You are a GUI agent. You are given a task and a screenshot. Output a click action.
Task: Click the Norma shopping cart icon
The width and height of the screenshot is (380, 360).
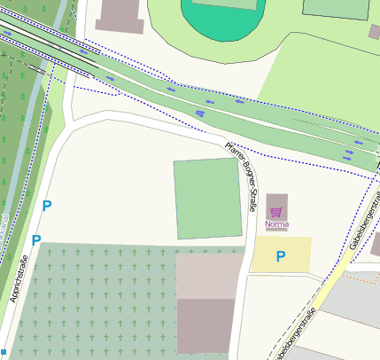tap(276, 212)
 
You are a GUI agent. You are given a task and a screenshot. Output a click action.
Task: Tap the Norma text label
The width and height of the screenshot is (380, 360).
tap(276, 224)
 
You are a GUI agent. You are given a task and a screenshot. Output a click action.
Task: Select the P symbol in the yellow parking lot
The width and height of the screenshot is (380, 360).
tap(281, 257)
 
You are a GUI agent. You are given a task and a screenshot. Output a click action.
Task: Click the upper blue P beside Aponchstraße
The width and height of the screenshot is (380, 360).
tap(47, 206)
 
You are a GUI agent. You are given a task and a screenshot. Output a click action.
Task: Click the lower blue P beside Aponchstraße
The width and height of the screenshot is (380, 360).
tap(36, 240)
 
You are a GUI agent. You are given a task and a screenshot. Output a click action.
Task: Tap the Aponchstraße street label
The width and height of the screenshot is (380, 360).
tap(19, 278)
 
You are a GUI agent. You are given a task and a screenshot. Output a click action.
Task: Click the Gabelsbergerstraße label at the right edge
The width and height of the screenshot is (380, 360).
tap(360, 222)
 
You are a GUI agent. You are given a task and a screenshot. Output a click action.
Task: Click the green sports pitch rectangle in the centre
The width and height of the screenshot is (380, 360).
tap(207, 199)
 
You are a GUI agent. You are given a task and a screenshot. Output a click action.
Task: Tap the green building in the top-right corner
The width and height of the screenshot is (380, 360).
tap(336, 8)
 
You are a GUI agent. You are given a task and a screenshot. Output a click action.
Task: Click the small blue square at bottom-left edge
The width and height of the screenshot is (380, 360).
tap(4, 352)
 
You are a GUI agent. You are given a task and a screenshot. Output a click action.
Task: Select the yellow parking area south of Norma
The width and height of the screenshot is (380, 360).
tap(281, 254)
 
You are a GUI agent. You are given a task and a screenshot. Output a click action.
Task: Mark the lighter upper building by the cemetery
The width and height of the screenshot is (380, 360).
tap(209, 276)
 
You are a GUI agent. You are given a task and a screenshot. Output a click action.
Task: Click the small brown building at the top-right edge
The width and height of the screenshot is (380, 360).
tap(374, 32)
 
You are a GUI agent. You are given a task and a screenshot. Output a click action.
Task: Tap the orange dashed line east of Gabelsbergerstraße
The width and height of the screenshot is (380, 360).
tap(358, 275)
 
